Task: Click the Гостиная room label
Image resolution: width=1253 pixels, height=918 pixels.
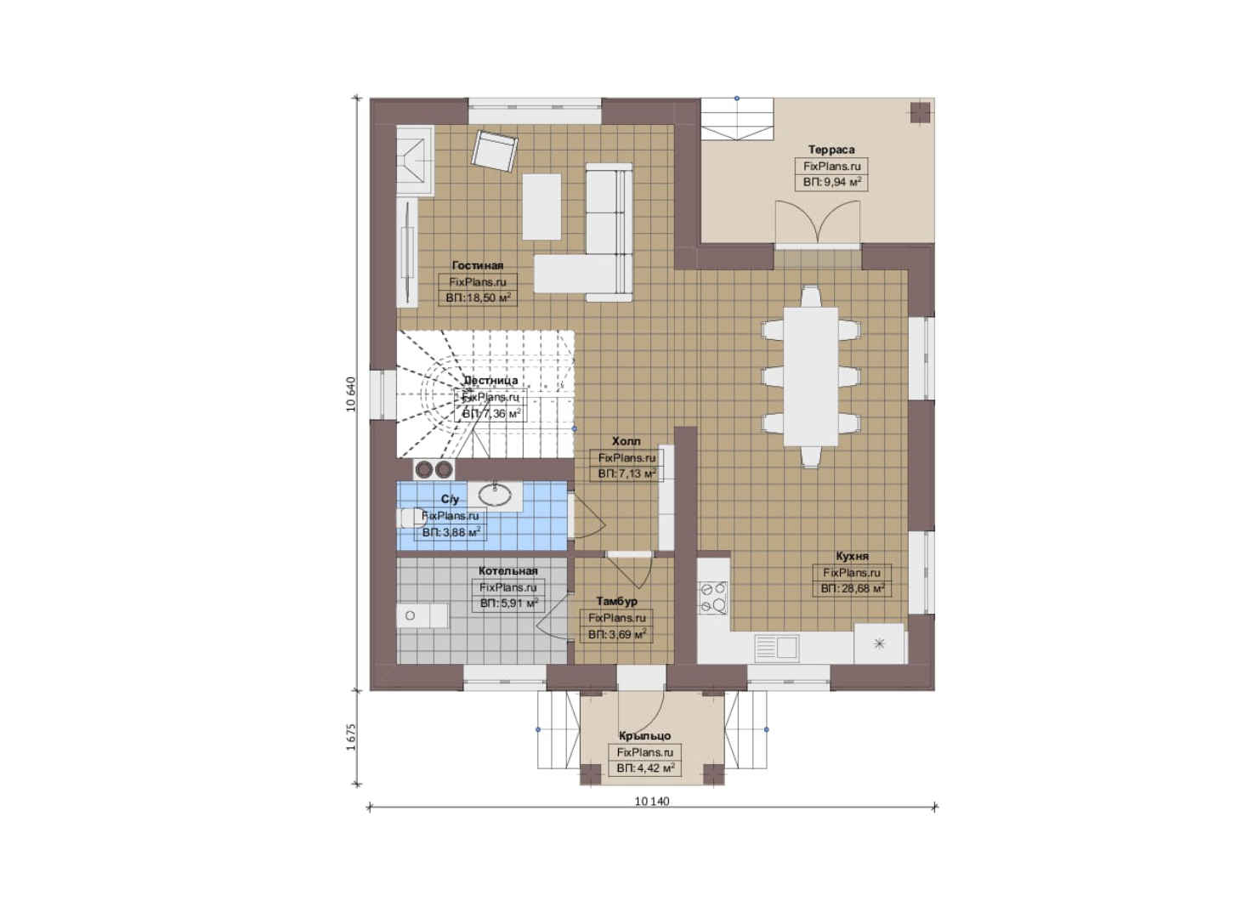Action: [478, 266]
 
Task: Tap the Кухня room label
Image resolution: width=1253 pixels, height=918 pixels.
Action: [852, 556]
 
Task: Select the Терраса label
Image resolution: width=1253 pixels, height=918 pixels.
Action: [831, 150]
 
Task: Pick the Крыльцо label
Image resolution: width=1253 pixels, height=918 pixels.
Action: [644, 736]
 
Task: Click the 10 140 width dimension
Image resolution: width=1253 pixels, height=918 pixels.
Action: [652, 802]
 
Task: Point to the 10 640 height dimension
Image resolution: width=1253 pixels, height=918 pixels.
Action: [351, 394]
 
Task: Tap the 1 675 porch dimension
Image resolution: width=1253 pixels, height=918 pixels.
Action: [351, 737]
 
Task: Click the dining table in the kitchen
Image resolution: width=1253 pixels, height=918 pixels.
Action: [810, 377]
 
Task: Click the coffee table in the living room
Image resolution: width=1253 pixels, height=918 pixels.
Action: [541, 207]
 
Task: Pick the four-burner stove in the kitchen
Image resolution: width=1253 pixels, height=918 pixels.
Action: [713, 598]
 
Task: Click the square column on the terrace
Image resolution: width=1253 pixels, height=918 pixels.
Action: [920, 112]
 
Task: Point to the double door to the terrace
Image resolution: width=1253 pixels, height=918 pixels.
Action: [817, 224]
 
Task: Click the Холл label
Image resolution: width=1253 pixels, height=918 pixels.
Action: [626, 441]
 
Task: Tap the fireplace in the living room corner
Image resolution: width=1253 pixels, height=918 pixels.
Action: [416, 160]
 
